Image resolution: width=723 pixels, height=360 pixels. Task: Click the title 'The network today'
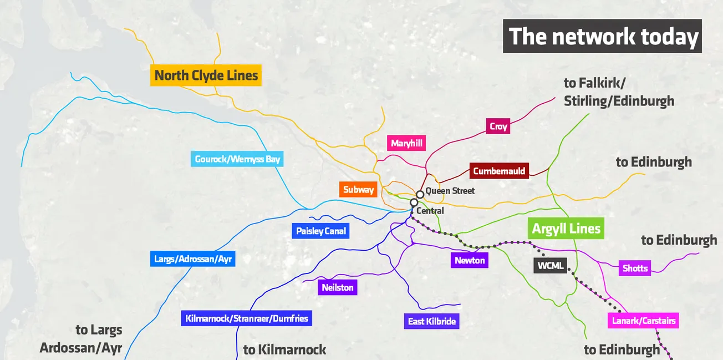click(603, 37)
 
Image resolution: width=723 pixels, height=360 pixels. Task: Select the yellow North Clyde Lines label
click(206, 75)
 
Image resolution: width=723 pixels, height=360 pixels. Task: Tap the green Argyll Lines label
click(566, 229)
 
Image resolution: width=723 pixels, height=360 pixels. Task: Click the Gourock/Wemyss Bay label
click(237, 160)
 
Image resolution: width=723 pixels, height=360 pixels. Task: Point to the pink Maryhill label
click(406, 144)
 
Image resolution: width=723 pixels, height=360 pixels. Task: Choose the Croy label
click(498, 126)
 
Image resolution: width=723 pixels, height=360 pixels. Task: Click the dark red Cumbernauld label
click(499, 171)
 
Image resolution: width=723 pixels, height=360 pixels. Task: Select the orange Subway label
click(358, 190)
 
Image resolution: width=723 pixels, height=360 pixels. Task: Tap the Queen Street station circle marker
click(420, 194)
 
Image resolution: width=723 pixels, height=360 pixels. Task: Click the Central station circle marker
click(414, 203)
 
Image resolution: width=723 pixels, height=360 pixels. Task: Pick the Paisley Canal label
click(320, 231)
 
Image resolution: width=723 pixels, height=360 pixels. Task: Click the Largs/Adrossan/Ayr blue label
click(192, 258)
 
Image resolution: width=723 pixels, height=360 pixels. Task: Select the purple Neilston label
click(337, 287)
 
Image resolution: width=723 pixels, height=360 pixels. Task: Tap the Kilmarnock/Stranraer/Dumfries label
click(247, 318)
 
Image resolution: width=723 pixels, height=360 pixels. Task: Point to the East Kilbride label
click(431, 322)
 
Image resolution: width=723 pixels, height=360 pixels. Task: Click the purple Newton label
click(469, 260)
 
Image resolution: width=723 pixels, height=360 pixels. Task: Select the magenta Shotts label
click(635, 268)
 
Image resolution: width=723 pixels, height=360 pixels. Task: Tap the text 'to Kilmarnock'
click(284, 349)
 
